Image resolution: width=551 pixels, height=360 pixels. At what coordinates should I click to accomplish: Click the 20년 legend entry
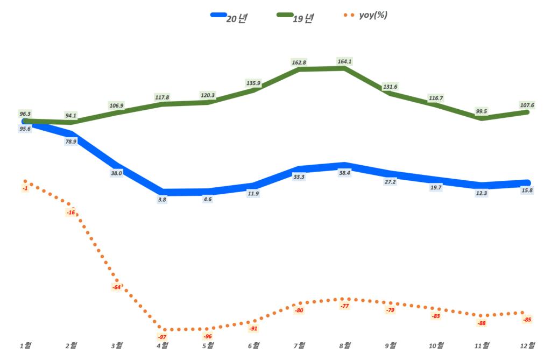[x=231, y=18]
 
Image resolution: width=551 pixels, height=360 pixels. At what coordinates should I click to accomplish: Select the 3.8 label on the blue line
[x=163, y=199]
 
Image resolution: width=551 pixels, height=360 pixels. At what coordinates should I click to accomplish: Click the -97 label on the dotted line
[x=162, y=337]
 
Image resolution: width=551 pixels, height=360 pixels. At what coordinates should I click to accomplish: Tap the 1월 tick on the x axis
[x=25, y=345]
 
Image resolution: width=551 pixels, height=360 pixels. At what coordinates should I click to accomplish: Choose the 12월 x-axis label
[x=527, y=345]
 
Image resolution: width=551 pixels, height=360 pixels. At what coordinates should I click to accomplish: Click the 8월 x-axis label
[x=344, y=345]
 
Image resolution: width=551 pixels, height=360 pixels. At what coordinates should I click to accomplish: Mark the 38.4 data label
[x=344, y=173]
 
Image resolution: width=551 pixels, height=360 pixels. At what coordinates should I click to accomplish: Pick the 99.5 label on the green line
[x=482, y=111]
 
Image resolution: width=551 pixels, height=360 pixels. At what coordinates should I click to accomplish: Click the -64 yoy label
[x=117, y=287]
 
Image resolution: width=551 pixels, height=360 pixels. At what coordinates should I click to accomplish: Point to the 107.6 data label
[x=527, y=105]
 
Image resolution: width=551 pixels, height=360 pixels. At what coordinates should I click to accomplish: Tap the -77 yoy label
[x=344, y=306]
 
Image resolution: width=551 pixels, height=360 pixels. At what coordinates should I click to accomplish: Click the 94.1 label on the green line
[x=70, y=115]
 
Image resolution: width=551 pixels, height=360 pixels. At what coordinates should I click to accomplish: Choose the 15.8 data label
[x=527, y=190]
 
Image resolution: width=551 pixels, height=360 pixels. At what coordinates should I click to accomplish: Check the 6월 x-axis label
[x=253, y=345]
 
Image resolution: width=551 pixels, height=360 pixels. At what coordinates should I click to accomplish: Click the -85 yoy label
[x=527, y=320]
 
